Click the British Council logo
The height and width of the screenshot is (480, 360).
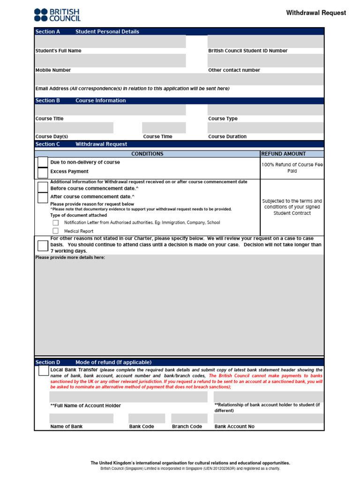(57, 15)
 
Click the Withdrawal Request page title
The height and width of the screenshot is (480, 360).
(316, 13)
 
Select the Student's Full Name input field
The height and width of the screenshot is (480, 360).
(110, 41)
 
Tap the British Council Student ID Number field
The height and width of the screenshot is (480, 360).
(265, 41)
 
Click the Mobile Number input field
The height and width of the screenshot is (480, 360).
(110, 60)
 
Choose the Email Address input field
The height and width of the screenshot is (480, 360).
(179, 79)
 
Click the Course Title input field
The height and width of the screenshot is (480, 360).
(110, 110)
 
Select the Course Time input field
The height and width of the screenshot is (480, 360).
(164, 128)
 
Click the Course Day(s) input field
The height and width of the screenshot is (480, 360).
(74, 128)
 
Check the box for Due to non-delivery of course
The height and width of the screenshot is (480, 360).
(43, 162)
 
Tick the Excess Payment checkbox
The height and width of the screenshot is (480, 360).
(43, 172)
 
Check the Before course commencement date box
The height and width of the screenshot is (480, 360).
(43, 187)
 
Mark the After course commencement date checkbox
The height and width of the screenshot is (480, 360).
(43, 198)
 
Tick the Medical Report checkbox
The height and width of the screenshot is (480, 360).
(56, 231)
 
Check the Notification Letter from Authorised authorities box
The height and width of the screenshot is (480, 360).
(56, 223)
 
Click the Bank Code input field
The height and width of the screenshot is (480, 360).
(147, 418)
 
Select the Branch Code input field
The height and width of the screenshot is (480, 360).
(189, 418)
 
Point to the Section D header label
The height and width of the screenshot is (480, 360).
(48, 362)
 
